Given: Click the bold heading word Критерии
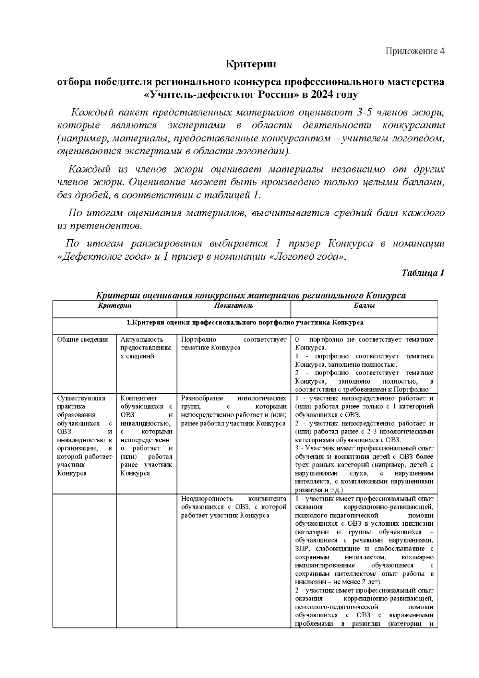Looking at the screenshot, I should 251,64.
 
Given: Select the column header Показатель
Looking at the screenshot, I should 234,306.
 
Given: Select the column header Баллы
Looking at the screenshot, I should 364,306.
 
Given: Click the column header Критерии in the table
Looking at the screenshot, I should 115,306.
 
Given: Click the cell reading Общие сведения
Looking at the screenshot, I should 83,340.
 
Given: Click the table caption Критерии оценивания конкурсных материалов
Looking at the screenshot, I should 251,296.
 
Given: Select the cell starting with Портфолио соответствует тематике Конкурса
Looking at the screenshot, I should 234,344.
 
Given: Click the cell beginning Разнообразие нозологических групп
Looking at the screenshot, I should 234,411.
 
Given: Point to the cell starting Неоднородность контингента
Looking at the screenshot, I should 234,507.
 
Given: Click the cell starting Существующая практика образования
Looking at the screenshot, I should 84,435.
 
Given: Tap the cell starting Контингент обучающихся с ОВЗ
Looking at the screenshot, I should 146,435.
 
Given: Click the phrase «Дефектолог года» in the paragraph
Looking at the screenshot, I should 105,256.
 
